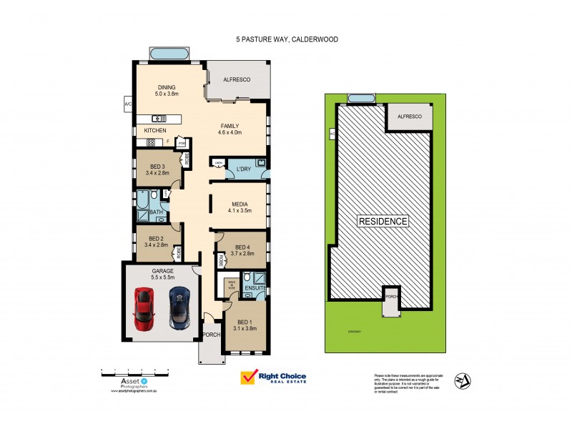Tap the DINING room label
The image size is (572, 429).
(x=166, y=87)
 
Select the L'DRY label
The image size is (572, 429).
(x=244, y=169)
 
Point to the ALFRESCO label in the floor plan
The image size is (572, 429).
(x=236, y=79)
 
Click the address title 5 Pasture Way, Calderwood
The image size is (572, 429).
(x=286, y=40)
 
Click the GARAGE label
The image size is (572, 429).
(x=162, y=272)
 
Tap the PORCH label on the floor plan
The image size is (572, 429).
(x=212, y=335)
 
